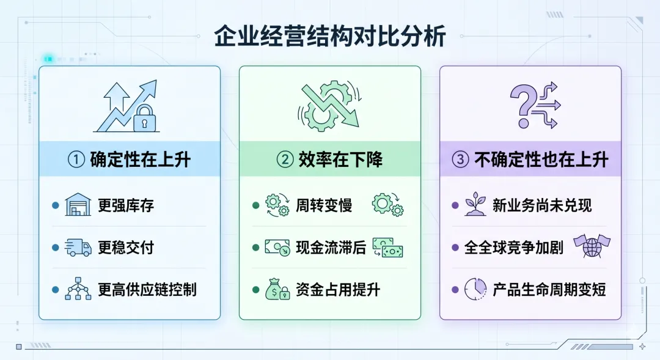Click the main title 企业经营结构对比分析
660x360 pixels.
(330, 37)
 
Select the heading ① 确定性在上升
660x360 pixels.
(129, 160)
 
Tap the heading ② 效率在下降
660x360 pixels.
(330, 160)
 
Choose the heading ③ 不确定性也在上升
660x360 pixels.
(530, 160)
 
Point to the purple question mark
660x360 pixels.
(523, 105)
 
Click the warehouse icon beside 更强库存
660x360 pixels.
(78, 205)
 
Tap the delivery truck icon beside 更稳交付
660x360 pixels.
(78, 247)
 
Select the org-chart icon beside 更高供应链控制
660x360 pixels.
(78, 288)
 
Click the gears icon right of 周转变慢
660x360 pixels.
(387, 205)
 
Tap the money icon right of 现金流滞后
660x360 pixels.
(387, 247)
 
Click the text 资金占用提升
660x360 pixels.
(337, 289)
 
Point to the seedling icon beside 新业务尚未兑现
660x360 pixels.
(475, 205)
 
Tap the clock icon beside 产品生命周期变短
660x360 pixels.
(475, 288)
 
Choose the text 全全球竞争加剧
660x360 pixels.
(513, 248)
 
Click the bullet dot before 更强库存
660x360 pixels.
(56, 205)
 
